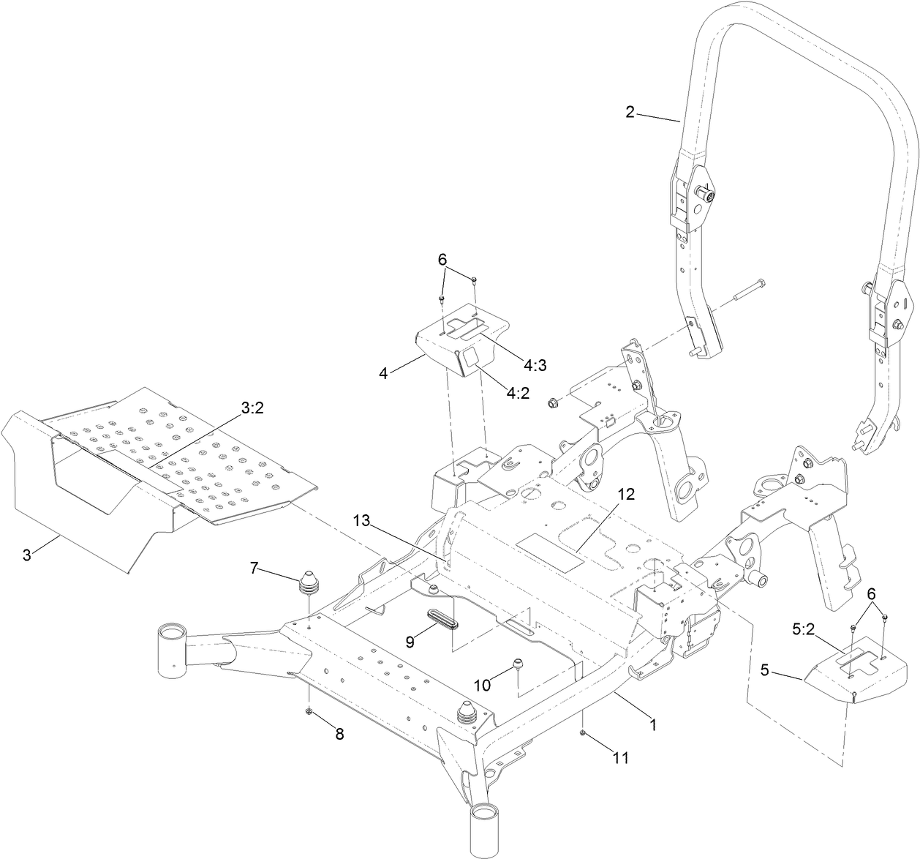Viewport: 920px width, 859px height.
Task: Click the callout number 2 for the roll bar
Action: pyautogui.click(x=630, y=112)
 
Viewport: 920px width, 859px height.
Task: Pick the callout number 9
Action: pyautogui.click(x=410, y=641)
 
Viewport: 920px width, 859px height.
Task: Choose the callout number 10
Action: pyautogui.click(x=483, y=686)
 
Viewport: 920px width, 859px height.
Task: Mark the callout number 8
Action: pyautogui.click(x=339, y=735)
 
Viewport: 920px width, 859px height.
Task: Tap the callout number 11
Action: pyautogui.click(x=620, y=759)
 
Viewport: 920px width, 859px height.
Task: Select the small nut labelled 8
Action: pyautogui.click(x=309, y=711)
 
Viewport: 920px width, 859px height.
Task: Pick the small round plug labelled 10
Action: pyautogui.click(x=519, y=662)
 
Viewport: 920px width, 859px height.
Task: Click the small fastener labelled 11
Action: pyautogui.click(x=583, y=732)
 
